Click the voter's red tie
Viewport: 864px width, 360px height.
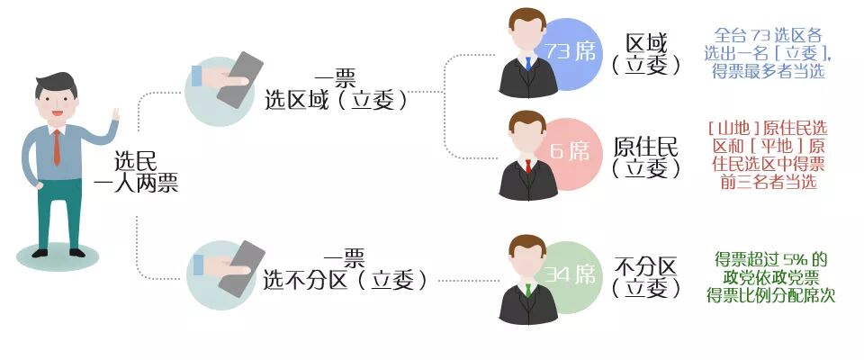(57, 147)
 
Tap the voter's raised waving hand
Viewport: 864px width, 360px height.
(114, 121)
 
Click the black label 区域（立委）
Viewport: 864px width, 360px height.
(646, 54)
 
